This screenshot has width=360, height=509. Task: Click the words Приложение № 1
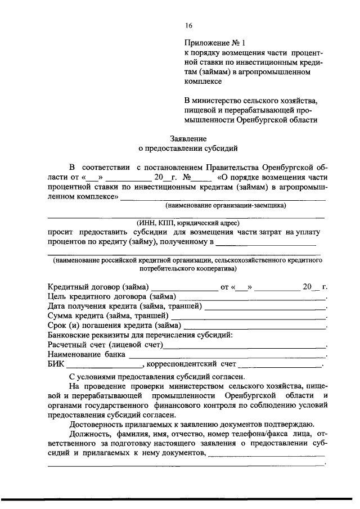click(215, 42)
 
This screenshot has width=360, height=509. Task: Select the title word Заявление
click(188, 138)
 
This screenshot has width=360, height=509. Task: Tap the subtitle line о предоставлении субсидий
click(188, 149)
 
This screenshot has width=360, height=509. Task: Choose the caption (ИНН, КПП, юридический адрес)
click(188, 223)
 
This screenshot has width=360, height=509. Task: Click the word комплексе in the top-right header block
click(203, 81)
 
